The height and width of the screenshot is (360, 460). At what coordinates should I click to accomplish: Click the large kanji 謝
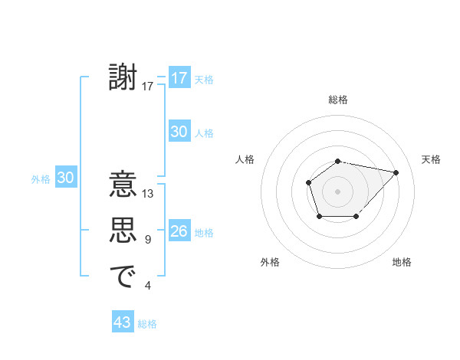point(123,78)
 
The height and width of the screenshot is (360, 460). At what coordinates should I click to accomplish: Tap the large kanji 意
point(123,185)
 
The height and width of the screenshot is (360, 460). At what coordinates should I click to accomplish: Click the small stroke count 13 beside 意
point(148,194)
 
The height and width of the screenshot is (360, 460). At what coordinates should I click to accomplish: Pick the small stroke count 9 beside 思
point(148,240)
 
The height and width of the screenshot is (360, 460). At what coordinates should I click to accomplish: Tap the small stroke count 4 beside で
point(148,286)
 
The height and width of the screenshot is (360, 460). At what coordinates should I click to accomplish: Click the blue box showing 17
point(179,78)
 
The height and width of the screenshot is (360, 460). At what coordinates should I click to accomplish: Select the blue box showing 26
point(179,231)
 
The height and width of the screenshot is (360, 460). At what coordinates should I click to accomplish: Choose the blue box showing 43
point(123,322)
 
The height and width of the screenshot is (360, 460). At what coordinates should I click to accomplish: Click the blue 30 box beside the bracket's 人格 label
point(179,132)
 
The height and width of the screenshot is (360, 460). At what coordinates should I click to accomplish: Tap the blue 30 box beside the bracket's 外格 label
point(65,178)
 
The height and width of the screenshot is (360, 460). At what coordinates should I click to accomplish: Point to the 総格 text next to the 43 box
point(147,324)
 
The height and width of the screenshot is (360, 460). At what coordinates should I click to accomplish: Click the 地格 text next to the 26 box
point(204,233)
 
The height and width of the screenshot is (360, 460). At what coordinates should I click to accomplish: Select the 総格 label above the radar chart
point(337,100)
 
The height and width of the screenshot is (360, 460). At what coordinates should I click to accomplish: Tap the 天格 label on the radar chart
point(431,159)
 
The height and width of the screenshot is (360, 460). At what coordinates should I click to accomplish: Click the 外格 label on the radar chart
point(270,262)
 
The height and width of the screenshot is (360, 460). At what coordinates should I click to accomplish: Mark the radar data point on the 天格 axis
point(396,172)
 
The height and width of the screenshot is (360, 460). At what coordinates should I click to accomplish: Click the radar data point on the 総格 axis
point(337,161)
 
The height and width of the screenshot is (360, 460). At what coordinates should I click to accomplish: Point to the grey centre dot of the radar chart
point(337,191)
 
